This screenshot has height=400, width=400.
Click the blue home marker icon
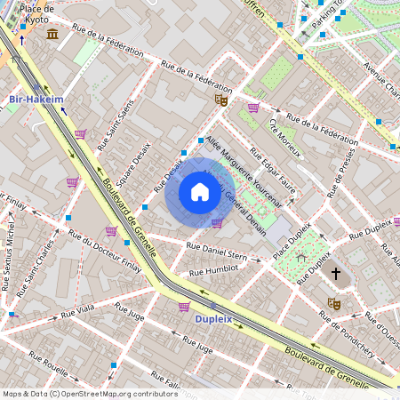[200, 192]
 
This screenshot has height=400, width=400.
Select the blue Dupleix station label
[213, 317]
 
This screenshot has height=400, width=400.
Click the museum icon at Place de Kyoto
[52, 34]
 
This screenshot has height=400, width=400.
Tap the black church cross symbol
[335, 274]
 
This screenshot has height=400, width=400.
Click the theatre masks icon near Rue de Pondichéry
[334, 303]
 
